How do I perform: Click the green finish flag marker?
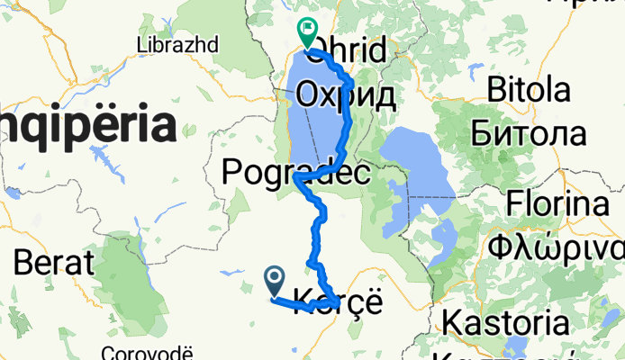click(x=307, y=33)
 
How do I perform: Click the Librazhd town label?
click(x=172, y=44)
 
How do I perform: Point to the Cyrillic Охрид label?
click(x=347, y=95)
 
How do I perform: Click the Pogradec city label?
click(x=295, y=170)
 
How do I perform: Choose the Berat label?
click(x=54, y=263)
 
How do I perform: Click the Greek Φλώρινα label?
click(x=557, y=247)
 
